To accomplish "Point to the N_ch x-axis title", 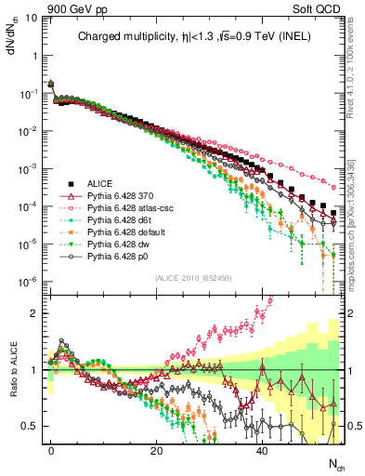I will (x=336, y=462).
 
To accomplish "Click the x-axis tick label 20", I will (x=156, y=449).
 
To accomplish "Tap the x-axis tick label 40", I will (x=262, y=449).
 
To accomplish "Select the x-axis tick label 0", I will (x=51, y=449).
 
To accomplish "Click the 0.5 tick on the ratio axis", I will (x=29, y=427).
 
